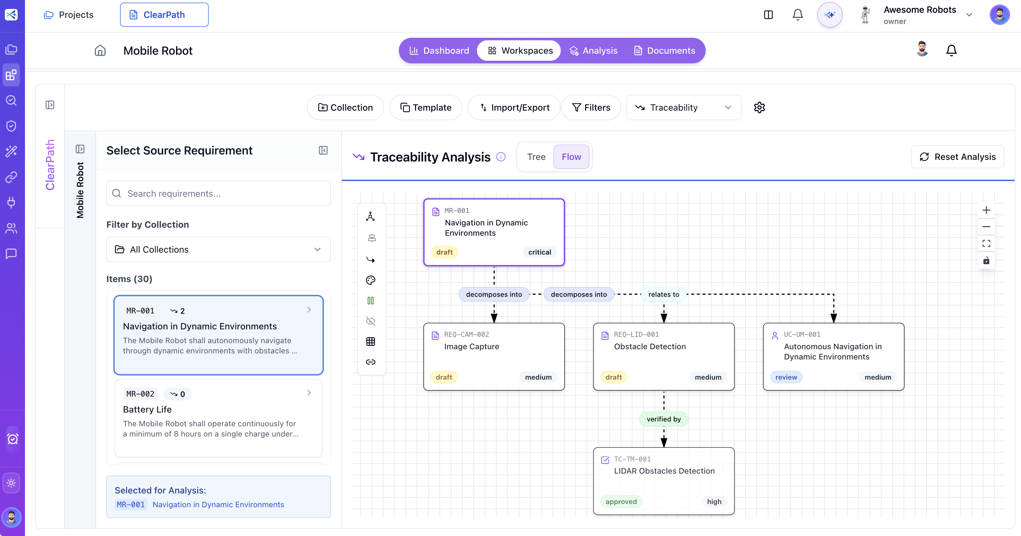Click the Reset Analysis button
(x=957, y=157)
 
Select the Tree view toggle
(x=536, y=157)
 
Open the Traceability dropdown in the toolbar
(x=683, y=107)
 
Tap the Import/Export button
(x=514, y=107)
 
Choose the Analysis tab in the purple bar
(x=593, y=51)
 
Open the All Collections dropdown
(x=218, y=249)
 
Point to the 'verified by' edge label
(x=663, y=419)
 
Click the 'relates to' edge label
(x=663, y=294)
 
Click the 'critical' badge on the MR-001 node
(x=539, y=252)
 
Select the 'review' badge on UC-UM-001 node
(x=786, y=377)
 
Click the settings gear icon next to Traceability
(x=759, y=107)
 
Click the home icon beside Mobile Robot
(x=100, y=51)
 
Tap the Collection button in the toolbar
(x=345, y=107)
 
